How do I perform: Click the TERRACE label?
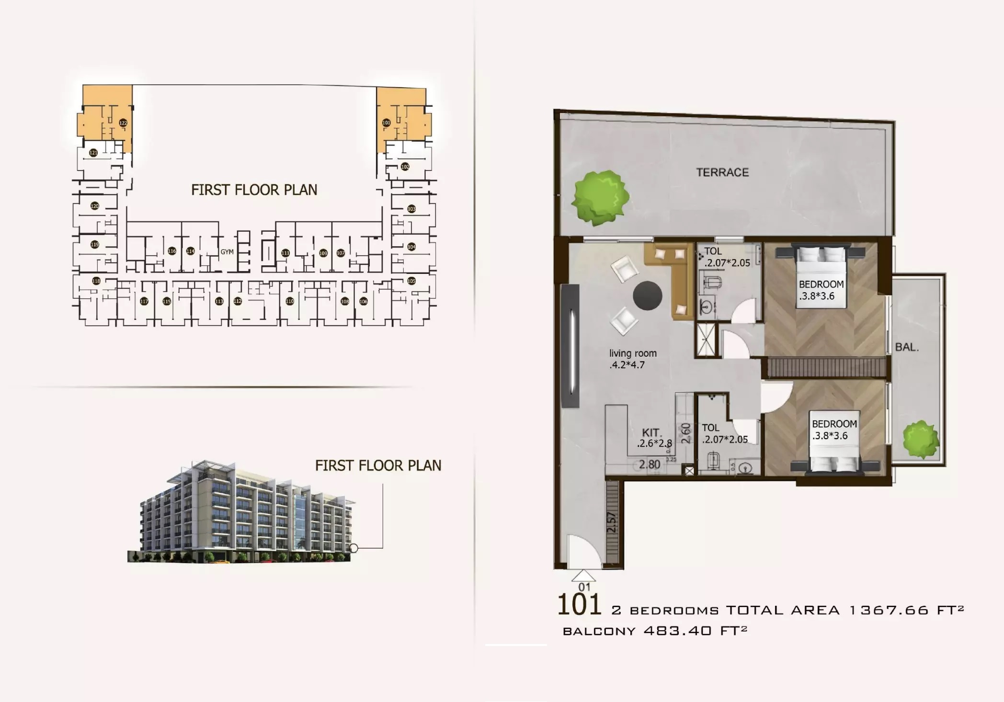click(722, 172)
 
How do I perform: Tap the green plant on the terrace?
click(601, 197)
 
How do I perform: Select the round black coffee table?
click(647, 295)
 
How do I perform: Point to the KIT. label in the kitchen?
click(651, 433)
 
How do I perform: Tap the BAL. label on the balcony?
click(907, 347)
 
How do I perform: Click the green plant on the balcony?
click(920, 438)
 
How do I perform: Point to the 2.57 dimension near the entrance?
click(612, 522)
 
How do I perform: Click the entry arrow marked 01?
click(584, 576)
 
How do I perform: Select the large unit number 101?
click(579, 605)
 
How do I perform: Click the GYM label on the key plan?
click(227, 252)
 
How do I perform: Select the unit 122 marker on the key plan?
click(123, 123)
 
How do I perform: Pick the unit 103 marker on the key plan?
click(411, 209)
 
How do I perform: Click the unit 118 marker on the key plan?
click(96, 281)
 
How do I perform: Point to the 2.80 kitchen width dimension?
click(650, 464)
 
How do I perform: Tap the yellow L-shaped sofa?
click(671, 275)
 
